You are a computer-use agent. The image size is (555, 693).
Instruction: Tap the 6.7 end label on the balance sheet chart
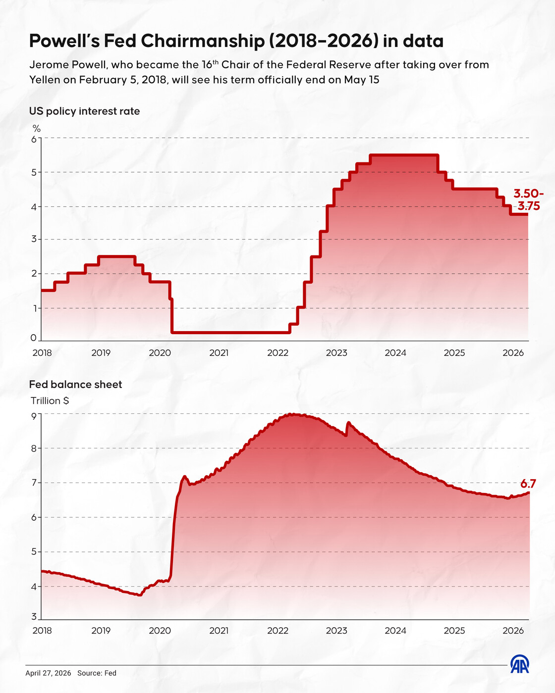pyautogui.click(x=528, y=484)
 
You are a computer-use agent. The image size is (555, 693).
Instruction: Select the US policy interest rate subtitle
pyautogui.click(x=84, y=111)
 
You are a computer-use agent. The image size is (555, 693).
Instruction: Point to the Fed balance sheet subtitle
pyautogui.click(x=75, y=385)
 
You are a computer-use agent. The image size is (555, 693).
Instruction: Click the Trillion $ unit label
pyautogui.click(x=50, y=401)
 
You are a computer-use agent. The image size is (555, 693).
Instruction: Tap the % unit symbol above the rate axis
pyautogui.click(x=37, y=129)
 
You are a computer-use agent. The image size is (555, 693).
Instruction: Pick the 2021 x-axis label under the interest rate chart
pyautogui.click(x=219, y=353)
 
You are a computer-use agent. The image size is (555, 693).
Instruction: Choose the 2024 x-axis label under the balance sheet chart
pyautogui.click(x=395, y=631)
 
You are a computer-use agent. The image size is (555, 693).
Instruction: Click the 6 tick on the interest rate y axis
pyautogui.click(x=34, y=139)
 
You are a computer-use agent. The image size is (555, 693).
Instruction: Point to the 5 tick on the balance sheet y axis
pyautogui.click(x=34, y=551)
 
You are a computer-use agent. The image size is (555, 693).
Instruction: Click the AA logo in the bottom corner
pyautogui.click(x=520, y=665)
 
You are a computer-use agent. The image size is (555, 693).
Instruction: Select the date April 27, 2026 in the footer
pyautogui.click(x=48, y=673)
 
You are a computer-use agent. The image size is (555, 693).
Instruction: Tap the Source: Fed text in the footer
pyautogui.click(x=97, y=673)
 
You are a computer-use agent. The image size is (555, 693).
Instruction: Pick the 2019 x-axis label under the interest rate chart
pyautogui.click(x=101, y=353)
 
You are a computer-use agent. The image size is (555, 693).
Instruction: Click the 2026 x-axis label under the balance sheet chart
pyautogui.click(x=513, y=631)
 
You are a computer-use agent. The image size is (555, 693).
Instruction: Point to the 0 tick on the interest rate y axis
pyautogui.click(x=34, y=338)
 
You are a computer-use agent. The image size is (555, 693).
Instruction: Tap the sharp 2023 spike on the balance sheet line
pyautogui.click(x=348, y=423)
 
